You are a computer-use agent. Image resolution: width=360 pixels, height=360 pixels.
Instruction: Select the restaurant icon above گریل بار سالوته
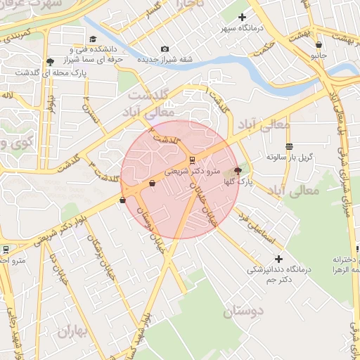289,146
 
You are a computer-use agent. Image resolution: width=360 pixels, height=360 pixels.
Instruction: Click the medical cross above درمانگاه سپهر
243,17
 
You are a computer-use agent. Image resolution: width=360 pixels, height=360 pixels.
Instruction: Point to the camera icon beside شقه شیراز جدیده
165,49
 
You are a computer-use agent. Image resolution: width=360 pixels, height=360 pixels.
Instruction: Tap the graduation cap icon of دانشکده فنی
93,39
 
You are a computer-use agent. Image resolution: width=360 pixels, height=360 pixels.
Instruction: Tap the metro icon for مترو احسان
6,249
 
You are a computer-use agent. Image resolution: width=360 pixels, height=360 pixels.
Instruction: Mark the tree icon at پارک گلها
237,171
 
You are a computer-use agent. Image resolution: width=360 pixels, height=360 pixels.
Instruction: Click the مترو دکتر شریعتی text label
193,170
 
